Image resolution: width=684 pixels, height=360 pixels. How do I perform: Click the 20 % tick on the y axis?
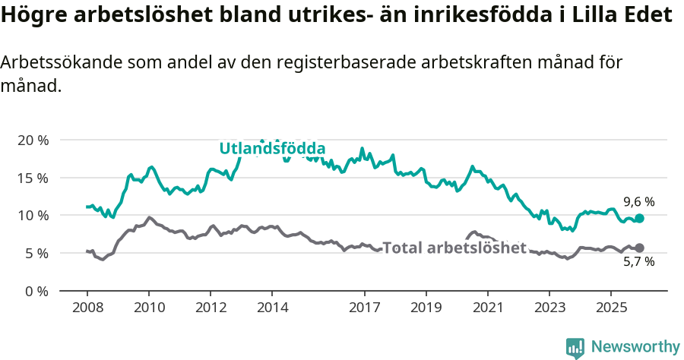coord(32,141)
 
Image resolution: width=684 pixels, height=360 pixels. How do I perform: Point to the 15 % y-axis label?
coord(32,178)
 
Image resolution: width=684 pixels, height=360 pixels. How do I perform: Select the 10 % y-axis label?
coord(32,216)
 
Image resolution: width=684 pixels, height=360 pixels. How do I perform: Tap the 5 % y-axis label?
coord(35,253)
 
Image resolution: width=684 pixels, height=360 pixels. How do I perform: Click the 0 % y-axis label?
coord(35,291)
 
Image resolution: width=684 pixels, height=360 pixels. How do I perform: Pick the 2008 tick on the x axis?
coord(87,308)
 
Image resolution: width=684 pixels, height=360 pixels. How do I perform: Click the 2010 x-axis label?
coord(148,308)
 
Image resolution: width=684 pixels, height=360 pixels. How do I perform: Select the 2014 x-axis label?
coord(272,308)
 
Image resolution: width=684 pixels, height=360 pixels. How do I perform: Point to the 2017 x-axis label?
coord(364,308)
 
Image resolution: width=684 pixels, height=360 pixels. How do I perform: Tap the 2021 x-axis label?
coord(487,308)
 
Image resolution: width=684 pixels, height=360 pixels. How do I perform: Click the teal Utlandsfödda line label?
coord(272,148)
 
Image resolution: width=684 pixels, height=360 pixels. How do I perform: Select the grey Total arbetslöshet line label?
coord(454,248)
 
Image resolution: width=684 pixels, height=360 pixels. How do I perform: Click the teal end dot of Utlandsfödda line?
coord(639,218)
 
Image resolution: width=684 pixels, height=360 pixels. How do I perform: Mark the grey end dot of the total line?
coord(639,248)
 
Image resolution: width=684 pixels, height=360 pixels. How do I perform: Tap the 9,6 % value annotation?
coord(638,202)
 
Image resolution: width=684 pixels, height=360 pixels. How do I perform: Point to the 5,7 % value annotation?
coord(638,262)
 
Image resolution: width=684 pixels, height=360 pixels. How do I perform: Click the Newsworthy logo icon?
coord(575,347)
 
